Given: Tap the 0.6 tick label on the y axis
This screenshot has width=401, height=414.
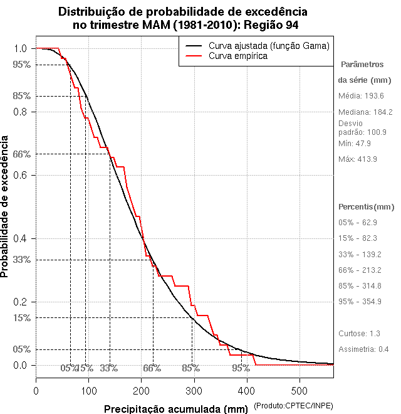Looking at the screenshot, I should (x=20, y=175).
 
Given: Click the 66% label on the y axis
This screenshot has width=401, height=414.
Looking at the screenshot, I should (x=21, y=154).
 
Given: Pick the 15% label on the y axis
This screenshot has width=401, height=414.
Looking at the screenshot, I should (x=21, y=318).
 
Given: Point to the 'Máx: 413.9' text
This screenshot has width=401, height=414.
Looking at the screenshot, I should (x=358, y=159).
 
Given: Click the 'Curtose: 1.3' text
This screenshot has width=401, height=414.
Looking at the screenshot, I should (x=359, y=333).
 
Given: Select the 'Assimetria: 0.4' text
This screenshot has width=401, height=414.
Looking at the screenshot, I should (x=364, y=349).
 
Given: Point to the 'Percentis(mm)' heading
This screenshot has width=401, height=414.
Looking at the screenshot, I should (x=367, y=207).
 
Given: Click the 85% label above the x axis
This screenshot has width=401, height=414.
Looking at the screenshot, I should (x=190, y=368).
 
